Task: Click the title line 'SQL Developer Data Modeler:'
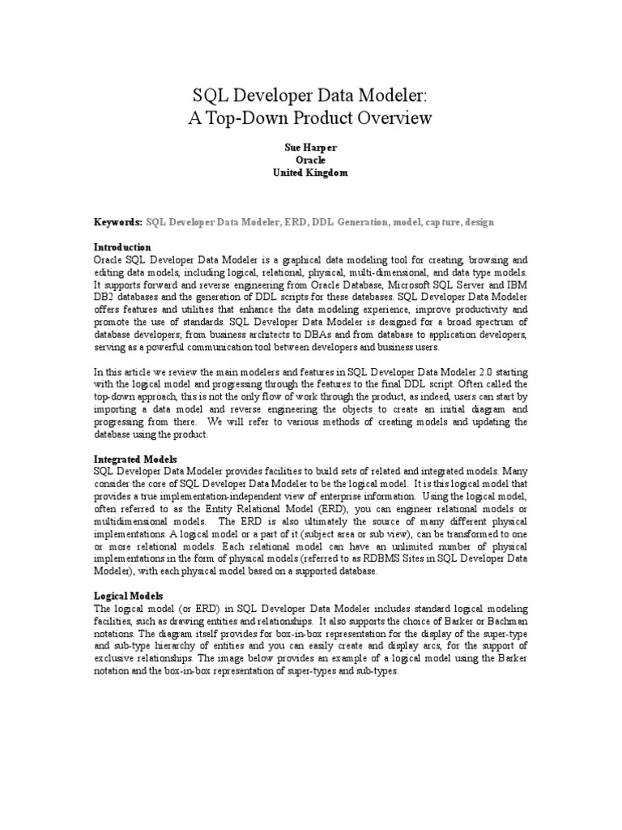[310, 96]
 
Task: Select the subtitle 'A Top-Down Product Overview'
[310, 118]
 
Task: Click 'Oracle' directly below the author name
[310, 160]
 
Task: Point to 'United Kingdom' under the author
[310, 173]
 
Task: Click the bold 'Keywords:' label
[118, 221]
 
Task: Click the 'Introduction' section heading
[122, 246]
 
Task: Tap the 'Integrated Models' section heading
[134, 459]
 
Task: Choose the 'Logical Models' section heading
[128, 596]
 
